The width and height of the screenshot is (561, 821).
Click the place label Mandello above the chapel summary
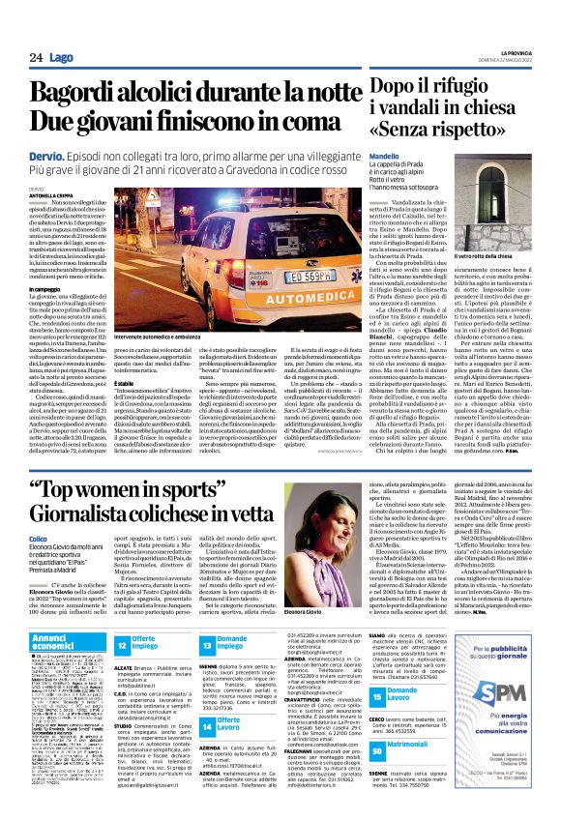385,156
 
